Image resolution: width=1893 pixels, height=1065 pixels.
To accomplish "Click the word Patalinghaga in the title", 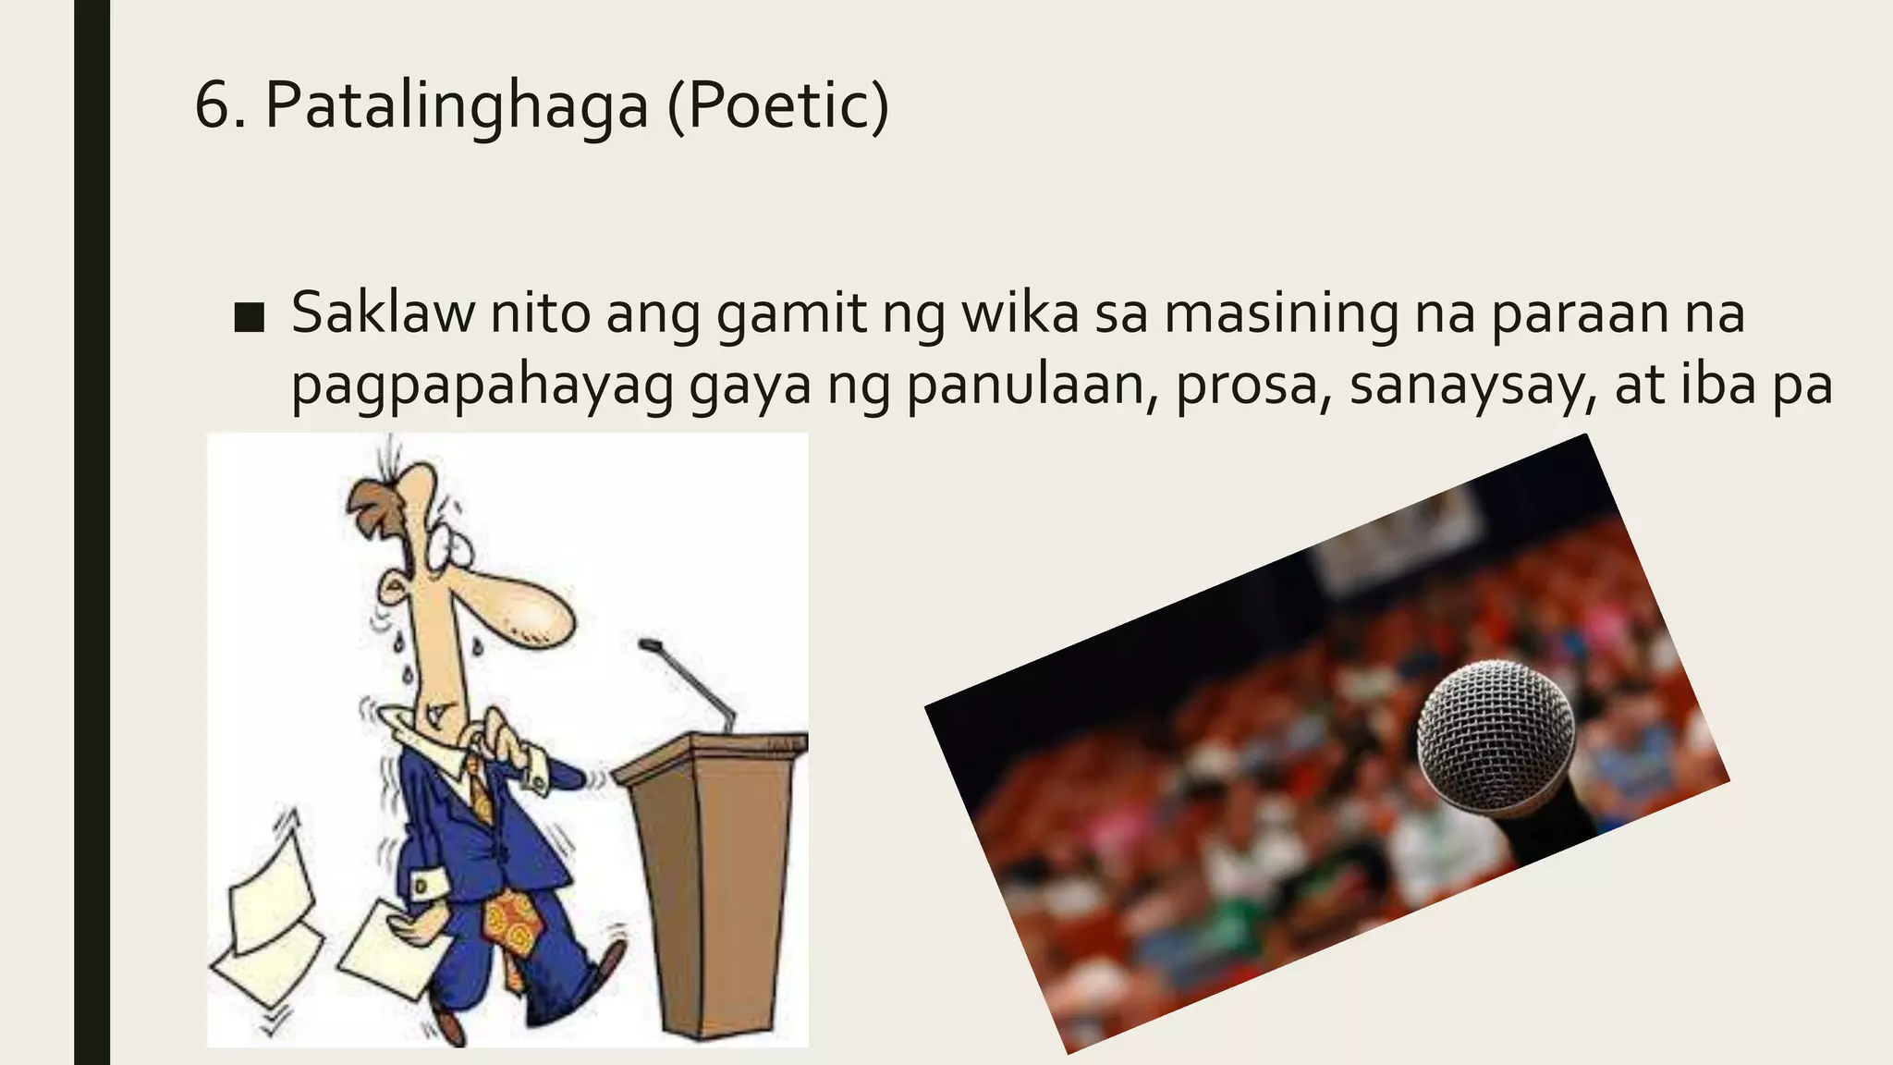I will (457, 106).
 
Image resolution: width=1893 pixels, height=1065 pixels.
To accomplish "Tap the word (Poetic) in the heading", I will (777, 106).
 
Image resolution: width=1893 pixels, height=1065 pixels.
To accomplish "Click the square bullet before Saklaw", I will (249, 317).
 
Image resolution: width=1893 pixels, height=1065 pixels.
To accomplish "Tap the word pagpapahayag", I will (482, 386).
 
